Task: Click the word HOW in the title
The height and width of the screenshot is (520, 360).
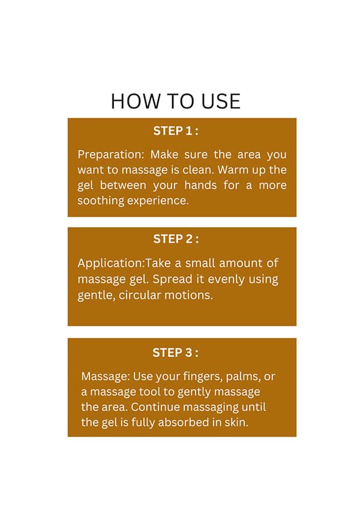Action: coord(136,101)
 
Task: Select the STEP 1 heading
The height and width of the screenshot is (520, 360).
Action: coord(176,131)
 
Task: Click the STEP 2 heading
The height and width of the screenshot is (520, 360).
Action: coord(176,239)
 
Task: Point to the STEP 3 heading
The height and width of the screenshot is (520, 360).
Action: coord(175,352)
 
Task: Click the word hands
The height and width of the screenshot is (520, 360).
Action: coord(200,185)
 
